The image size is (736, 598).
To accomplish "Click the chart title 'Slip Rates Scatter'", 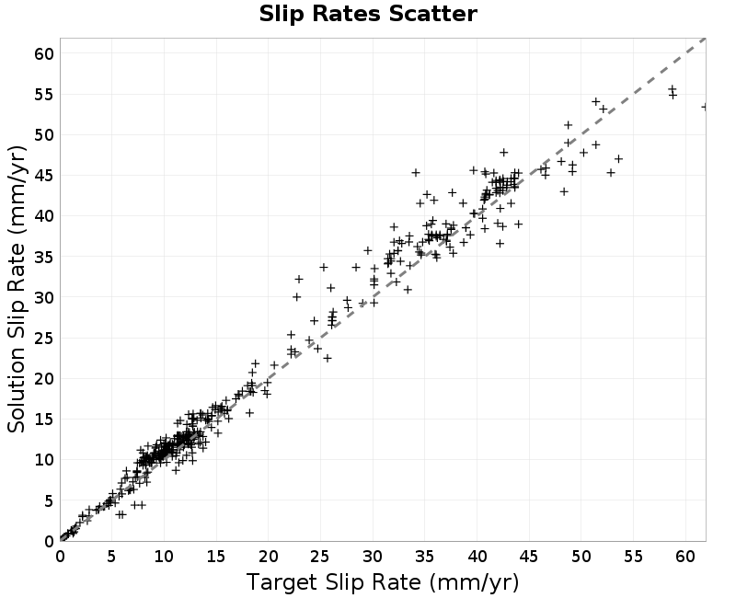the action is coord(368,14).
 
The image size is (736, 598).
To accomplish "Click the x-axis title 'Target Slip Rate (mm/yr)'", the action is coord(383,583).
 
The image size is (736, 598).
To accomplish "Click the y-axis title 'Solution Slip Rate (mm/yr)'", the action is coord(17,290).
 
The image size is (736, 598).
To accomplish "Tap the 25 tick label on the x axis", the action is coord(320,557).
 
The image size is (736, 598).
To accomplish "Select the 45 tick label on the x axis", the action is coord(529,557).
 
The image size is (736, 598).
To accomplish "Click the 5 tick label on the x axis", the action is coord(111,557).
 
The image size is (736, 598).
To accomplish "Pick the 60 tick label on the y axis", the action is coord(44,54).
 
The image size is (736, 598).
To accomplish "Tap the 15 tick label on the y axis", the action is coord(44,420).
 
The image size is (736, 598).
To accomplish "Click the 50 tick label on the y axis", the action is coord(44,135).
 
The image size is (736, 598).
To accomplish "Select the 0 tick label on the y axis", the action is coord(50,542).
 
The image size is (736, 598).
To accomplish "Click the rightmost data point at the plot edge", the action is coord(705,108).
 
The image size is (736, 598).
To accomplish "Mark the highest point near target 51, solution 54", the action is coord(595,102).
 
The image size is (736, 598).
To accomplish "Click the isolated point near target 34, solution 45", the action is coord(416,173).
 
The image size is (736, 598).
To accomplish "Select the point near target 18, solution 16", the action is coord(249,413).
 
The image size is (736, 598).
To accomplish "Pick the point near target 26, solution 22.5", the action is coord(328,358).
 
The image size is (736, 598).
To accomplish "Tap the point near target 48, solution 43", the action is coord(564,191).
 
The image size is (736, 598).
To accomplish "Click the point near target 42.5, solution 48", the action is coord(503,153).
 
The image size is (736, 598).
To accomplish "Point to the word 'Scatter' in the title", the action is coord(432,14).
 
